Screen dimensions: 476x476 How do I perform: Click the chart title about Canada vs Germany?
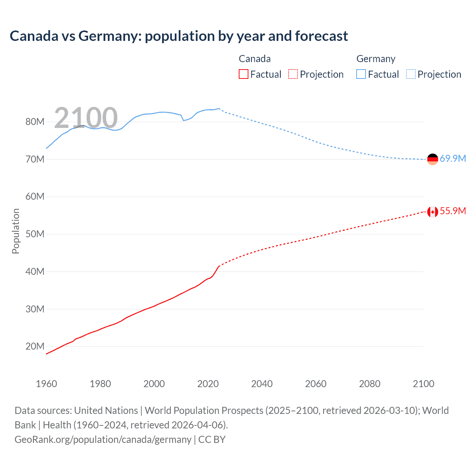[178, 36]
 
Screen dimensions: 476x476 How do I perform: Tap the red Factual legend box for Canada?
[243, 74]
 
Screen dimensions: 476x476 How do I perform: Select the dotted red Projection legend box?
[293, 74]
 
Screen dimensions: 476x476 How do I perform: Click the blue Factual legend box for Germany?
[361, 74]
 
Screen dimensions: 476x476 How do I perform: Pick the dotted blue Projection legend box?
[411, 74]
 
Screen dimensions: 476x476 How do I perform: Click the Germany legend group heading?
[376, 59]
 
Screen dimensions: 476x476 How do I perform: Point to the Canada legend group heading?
[254, 59]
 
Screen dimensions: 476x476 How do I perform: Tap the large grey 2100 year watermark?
[86, 118]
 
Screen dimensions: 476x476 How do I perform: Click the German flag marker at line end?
[432, 159]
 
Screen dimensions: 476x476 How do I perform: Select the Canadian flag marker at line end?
[432, 212]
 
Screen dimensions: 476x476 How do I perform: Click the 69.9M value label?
[453, 159]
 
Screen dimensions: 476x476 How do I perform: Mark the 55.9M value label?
[453, 211]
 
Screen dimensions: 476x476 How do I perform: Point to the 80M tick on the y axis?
[35, 122]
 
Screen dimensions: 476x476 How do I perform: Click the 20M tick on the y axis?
[35, 347]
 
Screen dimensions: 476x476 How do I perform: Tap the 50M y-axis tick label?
[35, 234]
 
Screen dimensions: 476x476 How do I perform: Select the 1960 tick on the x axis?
[46, 384]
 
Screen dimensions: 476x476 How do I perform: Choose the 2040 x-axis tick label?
[262, 384]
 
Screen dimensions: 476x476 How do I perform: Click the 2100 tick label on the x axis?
[423, 384]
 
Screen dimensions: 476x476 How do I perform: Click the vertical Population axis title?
[16, 231]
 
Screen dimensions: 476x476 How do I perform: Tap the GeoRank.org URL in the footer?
[103, 440]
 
